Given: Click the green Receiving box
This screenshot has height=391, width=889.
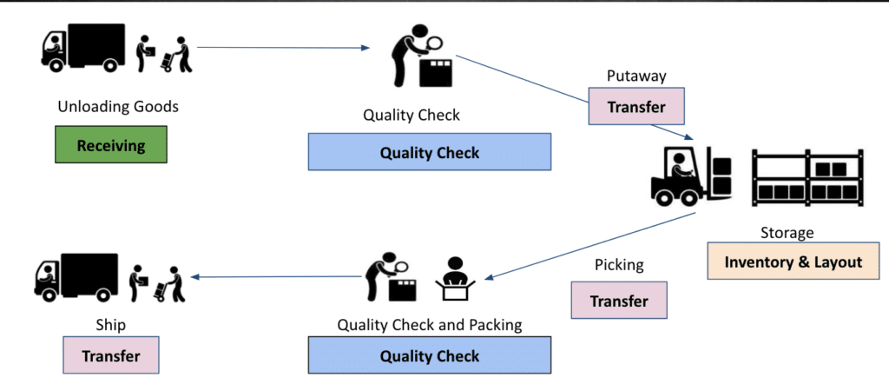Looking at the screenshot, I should click(x=110, y=145).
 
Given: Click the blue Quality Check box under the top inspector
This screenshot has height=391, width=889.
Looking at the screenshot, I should click(x=429, y=152).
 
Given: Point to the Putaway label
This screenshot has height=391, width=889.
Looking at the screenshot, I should click(x=636, y=76).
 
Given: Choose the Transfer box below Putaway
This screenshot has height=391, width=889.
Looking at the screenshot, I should click(x=636, y=107).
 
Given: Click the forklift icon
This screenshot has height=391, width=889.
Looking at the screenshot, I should click(x=690, y=176).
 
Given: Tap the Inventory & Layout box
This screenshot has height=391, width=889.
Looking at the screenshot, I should click(x=794, y=262).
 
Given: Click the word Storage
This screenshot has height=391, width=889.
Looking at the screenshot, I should click(x=787, y=233).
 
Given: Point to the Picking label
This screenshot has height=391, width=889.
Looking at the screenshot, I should click(x=619, y=264).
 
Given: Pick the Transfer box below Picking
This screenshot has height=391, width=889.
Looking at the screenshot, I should click(x=619, y=301).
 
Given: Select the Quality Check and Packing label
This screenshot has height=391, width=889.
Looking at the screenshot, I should click(x=430, y=325).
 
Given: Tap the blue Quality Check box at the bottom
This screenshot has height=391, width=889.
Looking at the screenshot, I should click(x=429, y=355).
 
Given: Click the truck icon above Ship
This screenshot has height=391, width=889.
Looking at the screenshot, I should click(x=76, y=277).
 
